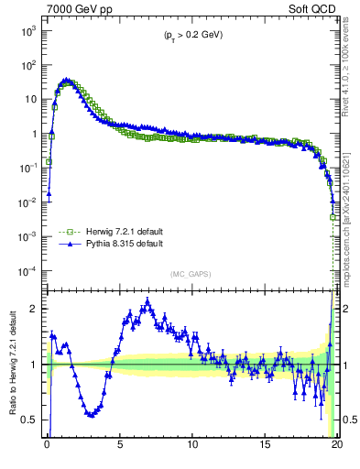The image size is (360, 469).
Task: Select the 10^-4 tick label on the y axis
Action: pyautogui.click(x=27, y=270)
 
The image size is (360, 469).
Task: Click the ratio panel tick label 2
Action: pyautogui.click(x=36, y=309)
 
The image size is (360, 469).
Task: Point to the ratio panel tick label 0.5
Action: pyautogui.click(x=31, y=420)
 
